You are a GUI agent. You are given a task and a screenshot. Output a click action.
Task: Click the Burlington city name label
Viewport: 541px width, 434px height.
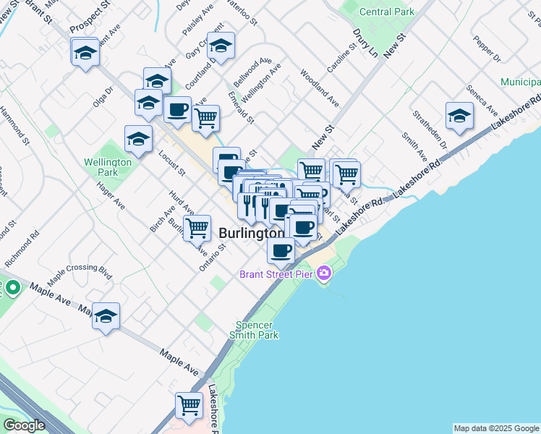(x=251, y=234)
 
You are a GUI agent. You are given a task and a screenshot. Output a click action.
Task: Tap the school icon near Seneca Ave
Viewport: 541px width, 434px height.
(x=459, y=116)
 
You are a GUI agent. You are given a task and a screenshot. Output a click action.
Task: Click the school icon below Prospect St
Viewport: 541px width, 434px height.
(x=85, y=52)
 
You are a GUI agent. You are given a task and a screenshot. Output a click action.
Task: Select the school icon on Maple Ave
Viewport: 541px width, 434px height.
(x=106, y=316)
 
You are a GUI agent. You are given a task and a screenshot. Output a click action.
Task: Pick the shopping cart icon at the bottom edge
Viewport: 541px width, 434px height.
(x=189, y=404)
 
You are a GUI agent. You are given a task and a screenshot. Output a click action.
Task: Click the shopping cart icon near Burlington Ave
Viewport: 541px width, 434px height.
(x=197, y=228)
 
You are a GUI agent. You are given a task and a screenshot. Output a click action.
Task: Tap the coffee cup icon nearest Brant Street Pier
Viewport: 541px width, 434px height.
(x=281, y=250)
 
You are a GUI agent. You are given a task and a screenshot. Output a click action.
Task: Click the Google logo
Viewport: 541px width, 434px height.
(x=23, y=425)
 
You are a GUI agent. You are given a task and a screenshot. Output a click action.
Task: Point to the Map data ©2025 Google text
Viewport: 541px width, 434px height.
(x=495, y=428)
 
